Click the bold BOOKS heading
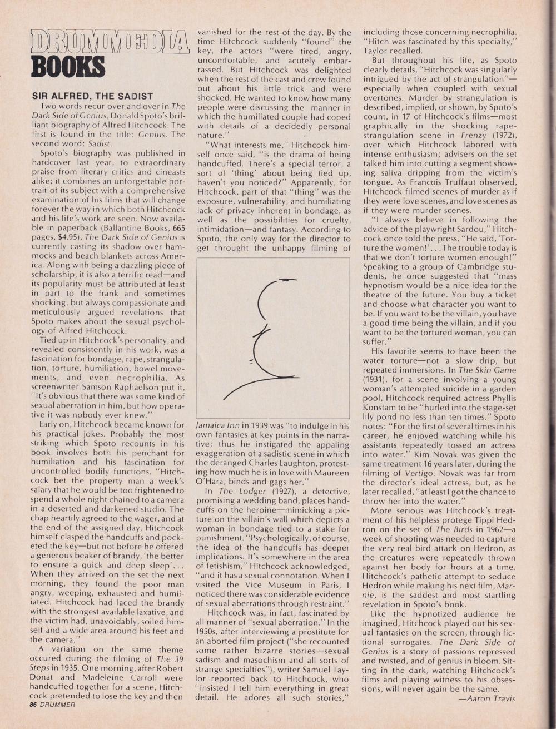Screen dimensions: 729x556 68,66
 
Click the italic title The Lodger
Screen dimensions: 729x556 226,491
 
